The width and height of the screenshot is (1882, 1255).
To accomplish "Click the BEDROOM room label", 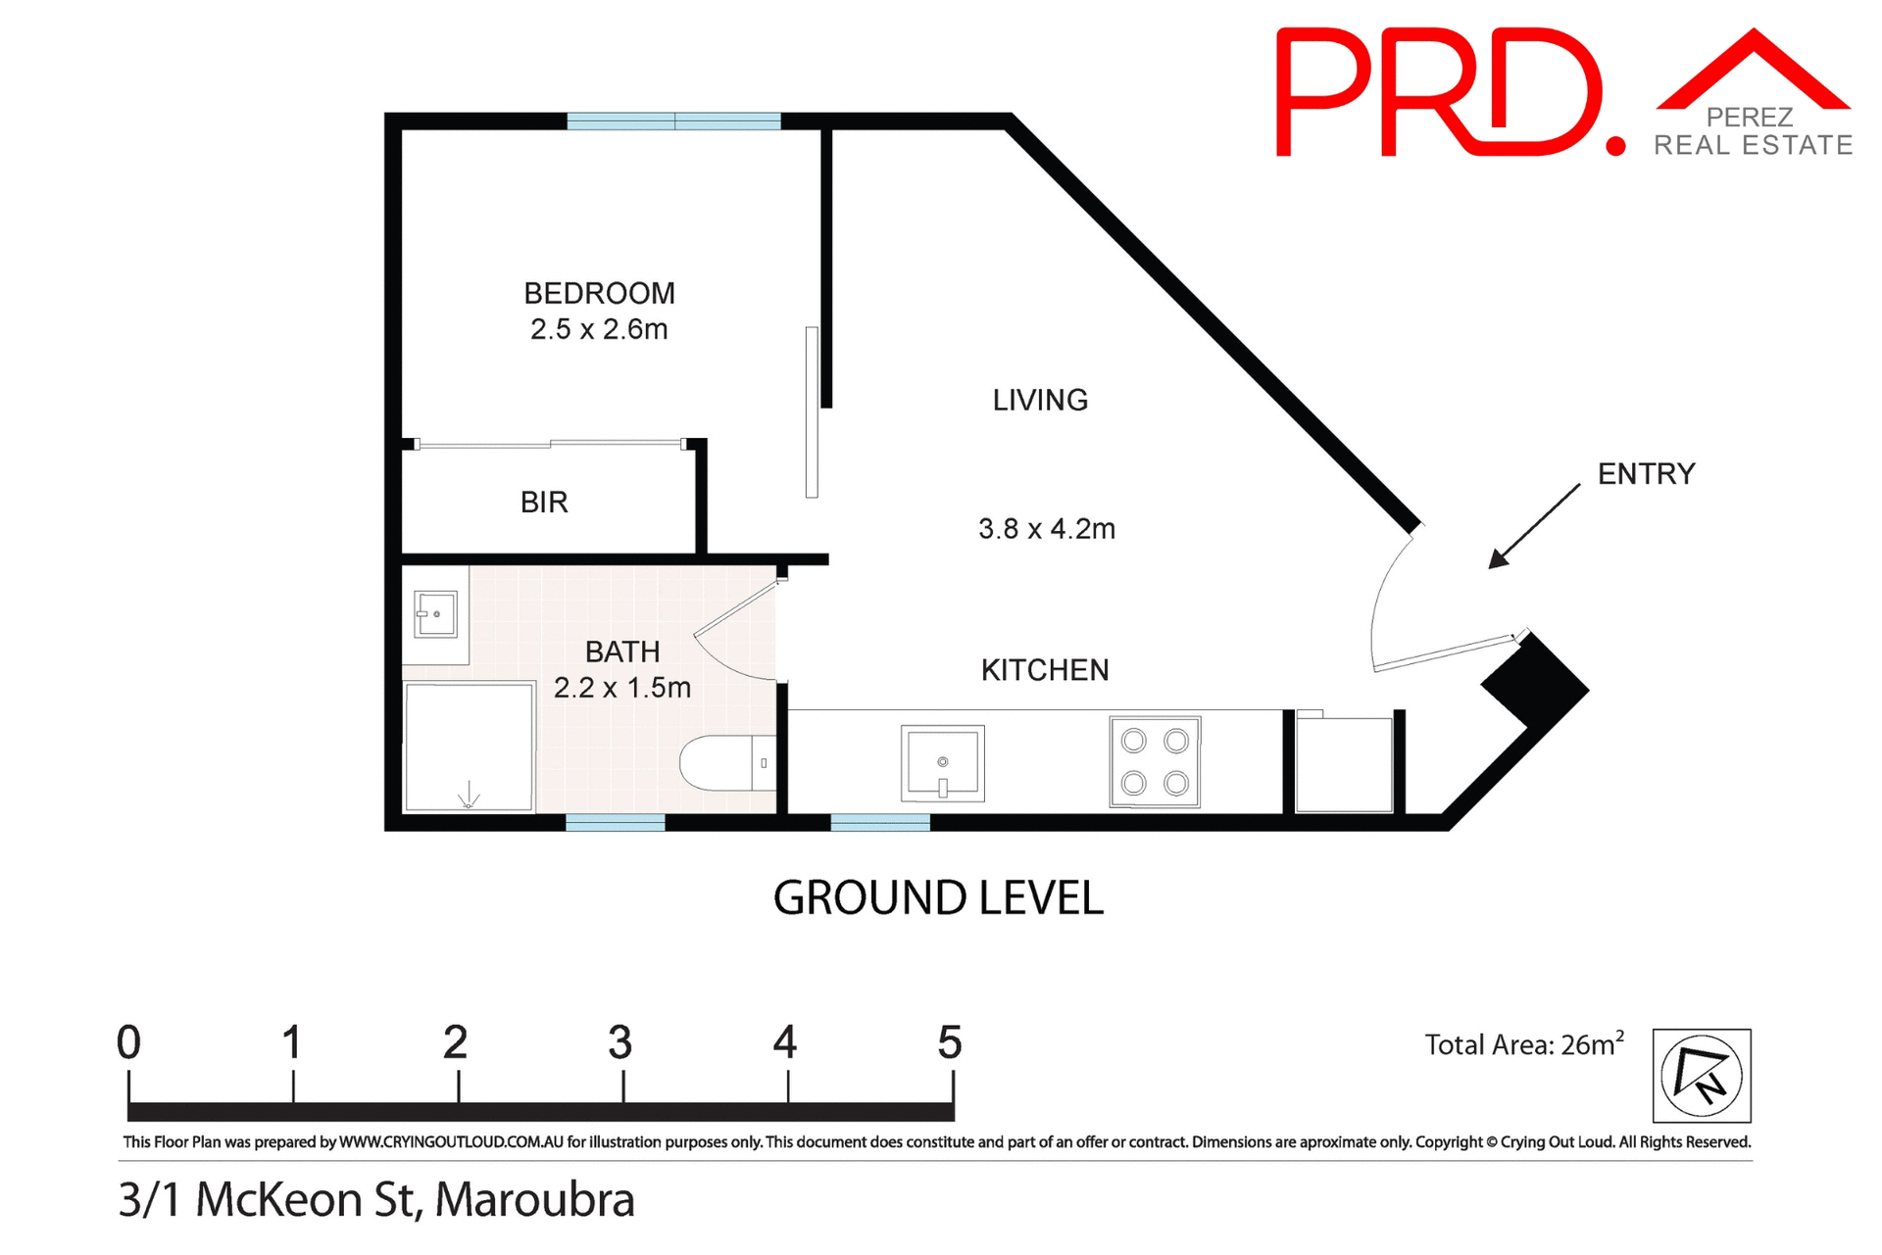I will (x=599, y=293).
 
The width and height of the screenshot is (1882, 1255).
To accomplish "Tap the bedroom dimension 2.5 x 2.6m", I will (x=599, y=329).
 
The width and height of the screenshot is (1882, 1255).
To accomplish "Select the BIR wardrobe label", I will (x=544, y=503).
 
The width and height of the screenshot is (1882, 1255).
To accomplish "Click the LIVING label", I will (x=1040, y=400).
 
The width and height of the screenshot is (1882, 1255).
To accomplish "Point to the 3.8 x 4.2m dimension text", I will (x=1047, y=529).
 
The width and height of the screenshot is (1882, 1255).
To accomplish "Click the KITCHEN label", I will (x=1045, y=670).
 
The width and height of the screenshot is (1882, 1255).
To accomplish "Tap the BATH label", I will (x=622, y=652).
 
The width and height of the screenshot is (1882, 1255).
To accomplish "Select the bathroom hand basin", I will (x=435, y=614).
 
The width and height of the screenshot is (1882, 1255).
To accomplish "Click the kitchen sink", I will (x=942, y=763).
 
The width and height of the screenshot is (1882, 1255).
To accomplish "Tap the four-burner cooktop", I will (x=1155, y=762).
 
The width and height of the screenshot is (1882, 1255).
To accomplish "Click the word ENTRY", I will (x=1646, y=474).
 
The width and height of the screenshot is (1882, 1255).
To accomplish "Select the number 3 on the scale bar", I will (x=619, y=1042).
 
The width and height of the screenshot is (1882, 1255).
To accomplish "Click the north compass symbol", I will (x=1701, y=1076).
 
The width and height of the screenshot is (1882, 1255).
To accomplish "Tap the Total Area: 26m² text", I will (x=1523, y=1044).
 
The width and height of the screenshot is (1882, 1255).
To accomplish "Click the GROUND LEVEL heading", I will (x=938, y=897).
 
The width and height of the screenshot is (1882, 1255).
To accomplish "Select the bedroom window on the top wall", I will (x=673, y=121).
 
